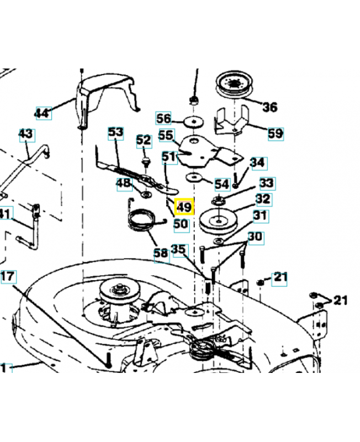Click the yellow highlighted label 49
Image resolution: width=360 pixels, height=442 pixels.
183,208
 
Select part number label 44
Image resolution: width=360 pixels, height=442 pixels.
43,113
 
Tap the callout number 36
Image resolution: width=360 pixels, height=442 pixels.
269,107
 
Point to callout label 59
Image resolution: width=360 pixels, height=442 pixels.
275,133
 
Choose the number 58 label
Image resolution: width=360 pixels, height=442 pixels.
161,253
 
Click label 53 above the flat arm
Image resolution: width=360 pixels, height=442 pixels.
115,133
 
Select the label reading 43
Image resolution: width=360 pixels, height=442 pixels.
26,134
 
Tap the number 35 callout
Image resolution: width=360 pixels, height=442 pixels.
179,250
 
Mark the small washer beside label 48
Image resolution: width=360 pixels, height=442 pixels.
146,194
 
